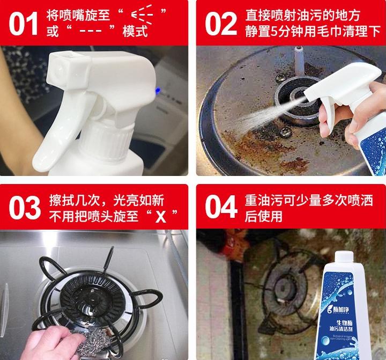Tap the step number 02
[220, 23]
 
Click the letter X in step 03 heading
[159, 217]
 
